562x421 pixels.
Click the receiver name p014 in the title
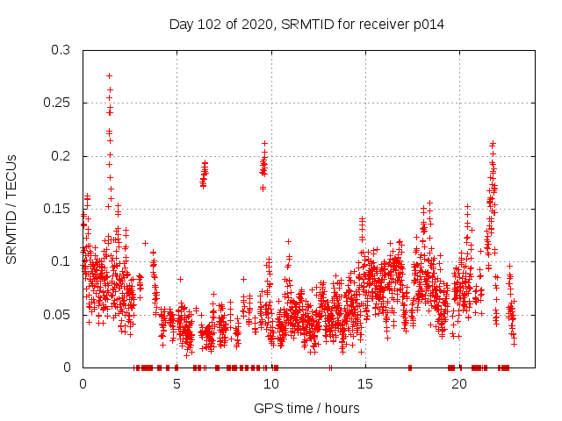click(424, 25)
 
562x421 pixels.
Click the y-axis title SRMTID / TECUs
click(12, 209)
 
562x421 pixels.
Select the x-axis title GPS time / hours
click(306, 408)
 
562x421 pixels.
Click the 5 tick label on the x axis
click(177, 384)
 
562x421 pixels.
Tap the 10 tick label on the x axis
click(270, 384)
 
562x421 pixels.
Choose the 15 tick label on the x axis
click(364, 384)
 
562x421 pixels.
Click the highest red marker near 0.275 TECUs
click(110, 75)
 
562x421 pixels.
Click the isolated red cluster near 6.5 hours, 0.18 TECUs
click(204, 174)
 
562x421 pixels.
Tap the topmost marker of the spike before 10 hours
click(264, 143)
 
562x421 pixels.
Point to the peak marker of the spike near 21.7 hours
click(493, 144)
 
